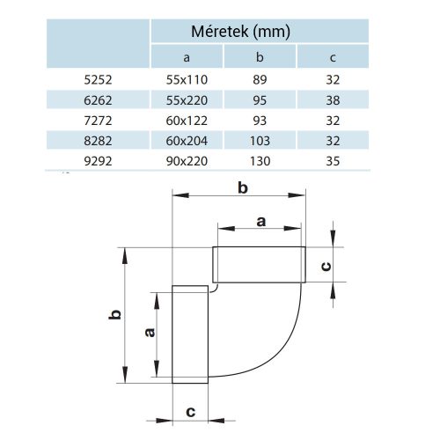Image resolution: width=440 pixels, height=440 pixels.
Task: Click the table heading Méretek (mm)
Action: (x=240, y=32)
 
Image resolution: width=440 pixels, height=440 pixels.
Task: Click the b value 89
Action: (x=260, y=79)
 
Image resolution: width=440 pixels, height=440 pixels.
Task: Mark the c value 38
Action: (x=332, y=99)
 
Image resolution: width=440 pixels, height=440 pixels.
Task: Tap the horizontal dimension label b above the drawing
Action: (x=243, y=187)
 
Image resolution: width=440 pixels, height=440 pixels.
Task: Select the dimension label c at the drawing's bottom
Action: (x=190, y=411)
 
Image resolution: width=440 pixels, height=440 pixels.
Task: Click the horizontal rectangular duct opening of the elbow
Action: (x=258, y=265)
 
